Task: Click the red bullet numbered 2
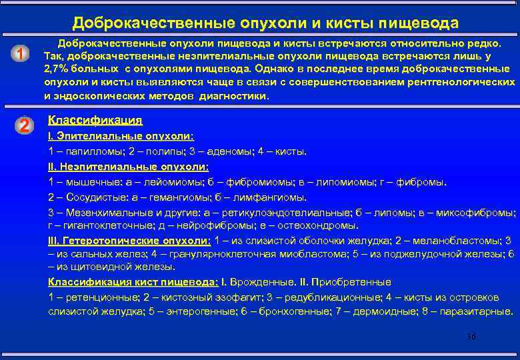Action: (23, 125)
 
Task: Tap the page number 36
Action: (471, 337)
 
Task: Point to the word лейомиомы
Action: (179, 181)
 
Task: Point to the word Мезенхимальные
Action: (97, 212)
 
